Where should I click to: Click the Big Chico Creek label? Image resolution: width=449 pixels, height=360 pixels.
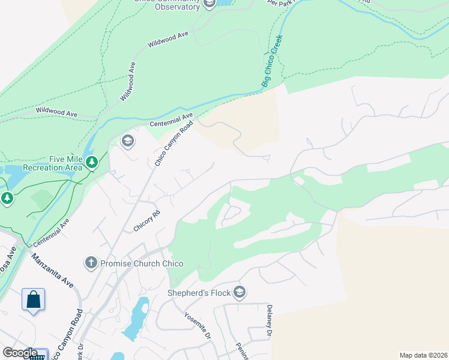[x=272, y=61]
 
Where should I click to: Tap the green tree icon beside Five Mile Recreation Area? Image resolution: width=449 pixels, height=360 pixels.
[x=91, y=162]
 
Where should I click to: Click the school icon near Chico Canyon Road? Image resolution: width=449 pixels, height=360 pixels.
[x=127, y=141]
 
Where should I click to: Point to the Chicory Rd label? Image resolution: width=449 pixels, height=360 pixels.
[x=147, y=221]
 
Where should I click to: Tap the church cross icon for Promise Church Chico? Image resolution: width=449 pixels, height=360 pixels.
[x=91, y=263]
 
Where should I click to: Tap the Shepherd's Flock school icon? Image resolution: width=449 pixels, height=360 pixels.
[x=240, y=292]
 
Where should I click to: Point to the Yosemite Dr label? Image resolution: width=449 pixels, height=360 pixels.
[x=198, y=326]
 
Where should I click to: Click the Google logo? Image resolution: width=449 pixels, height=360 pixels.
[x=20, y=353]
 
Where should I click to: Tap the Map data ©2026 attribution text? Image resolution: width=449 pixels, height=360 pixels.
[x=423, y=355]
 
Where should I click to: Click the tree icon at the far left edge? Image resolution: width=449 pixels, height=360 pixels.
[x=7, y=198]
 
